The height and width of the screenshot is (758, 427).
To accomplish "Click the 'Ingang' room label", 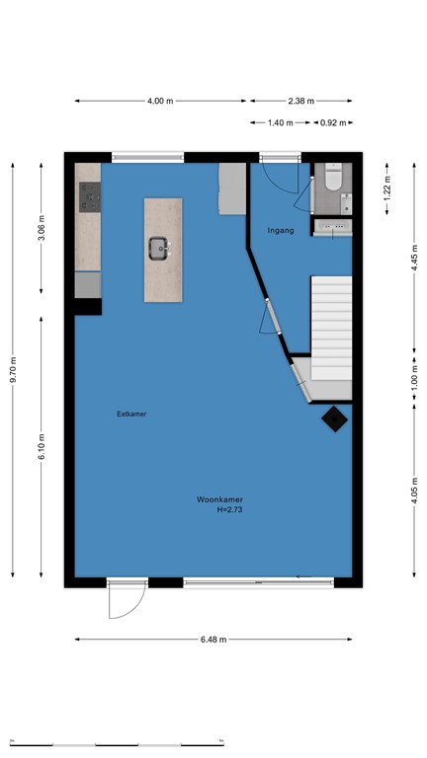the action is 281,231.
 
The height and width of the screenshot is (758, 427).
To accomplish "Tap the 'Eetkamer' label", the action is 131,414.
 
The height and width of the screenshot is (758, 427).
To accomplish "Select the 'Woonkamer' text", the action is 219,499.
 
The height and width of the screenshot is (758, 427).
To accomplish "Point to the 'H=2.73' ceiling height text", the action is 229,509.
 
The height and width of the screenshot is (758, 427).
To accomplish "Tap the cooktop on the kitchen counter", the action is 90,197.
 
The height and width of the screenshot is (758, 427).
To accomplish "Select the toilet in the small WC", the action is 333,177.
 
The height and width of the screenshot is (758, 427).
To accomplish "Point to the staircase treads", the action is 331,328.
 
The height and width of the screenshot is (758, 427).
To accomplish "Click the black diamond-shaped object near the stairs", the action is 334,418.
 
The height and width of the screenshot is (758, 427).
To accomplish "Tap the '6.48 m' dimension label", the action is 213,640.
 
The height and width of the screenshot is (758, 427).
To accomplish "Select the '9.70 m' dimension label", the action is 13,370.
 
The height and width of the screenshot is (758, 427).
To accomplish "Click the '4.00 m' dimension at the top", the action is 160,101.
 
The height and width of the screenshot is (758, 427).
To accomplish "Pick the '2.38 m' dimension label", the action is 301,101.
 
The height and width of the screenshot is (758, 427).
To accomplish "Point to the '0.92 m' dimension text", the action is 333,122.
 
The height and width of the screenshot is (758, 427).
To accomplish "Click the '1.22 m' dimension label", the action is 387,189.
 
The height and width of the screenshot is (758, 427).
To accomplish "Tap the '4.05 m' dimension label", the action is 414,490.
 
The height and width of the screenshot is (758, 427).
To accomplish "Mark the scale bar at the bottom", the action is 117,745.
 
